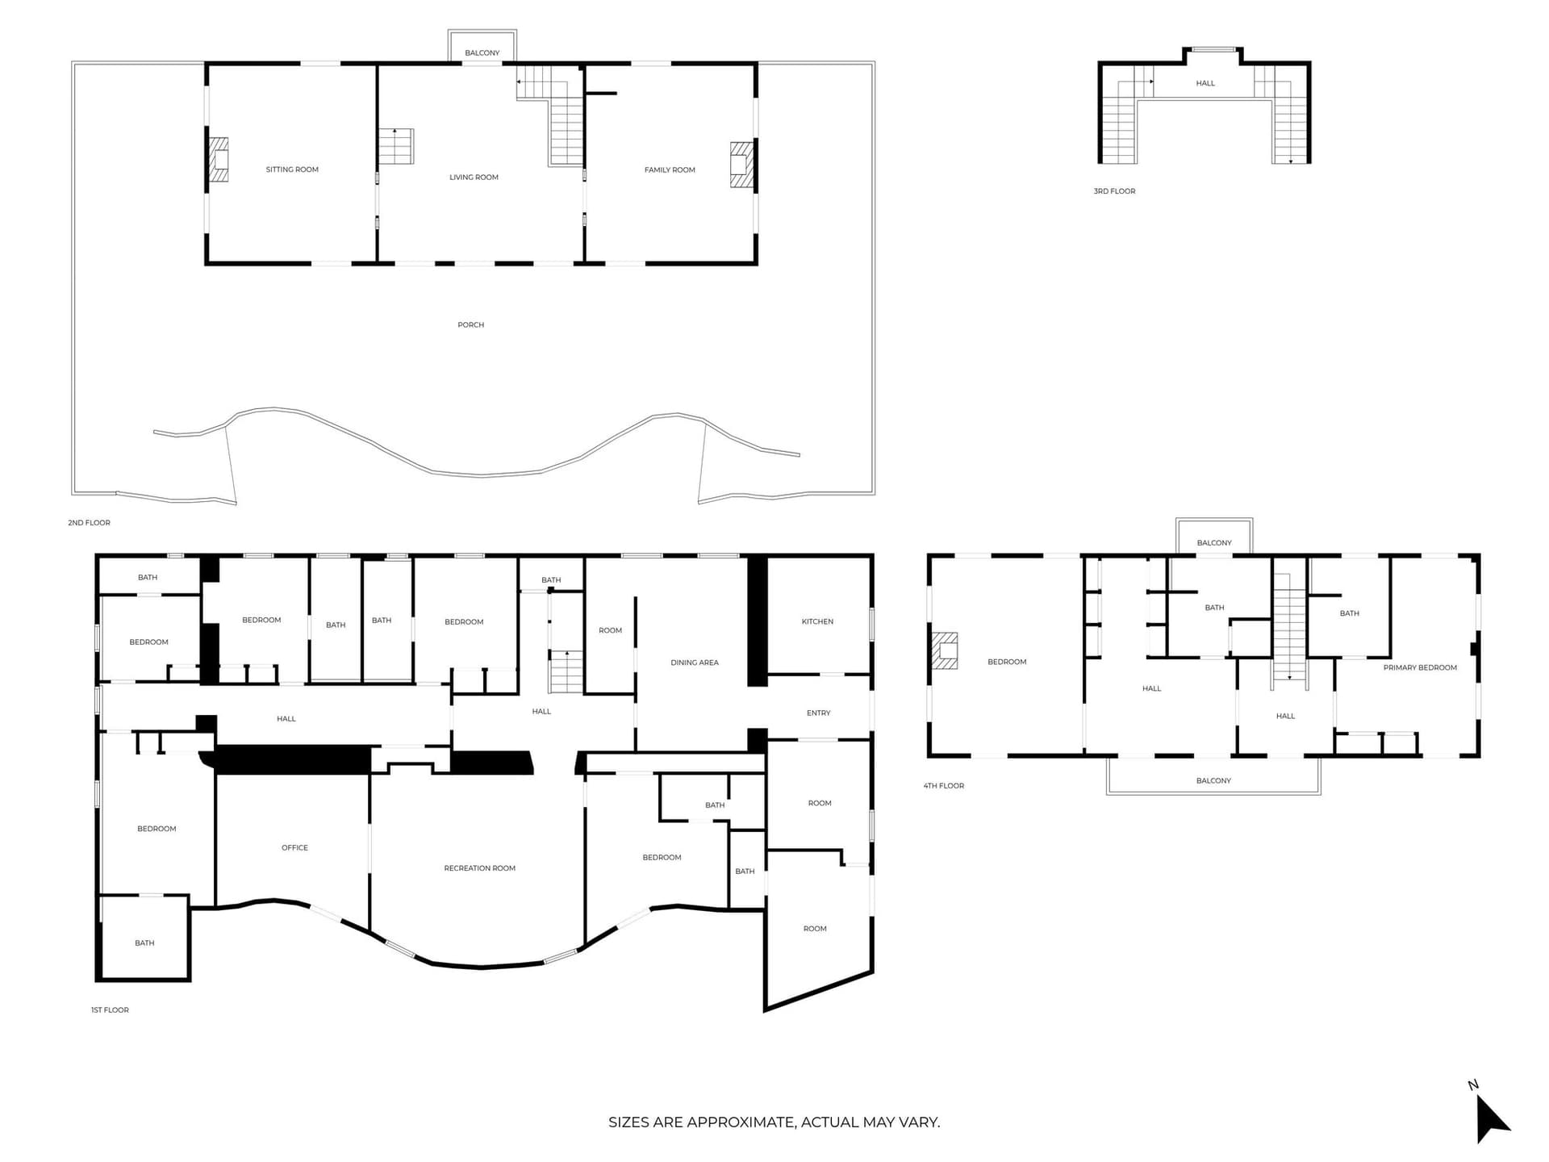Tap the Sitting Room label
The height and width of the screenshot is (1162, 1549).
tap(292, 169)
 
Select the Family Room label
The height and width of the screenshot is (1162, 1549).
tap(670, 169)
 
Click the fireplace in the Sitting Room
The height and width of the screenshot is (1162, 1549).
tap(218, 159)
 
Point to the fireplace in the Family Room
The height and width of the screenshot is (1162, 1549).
tap(741, 165)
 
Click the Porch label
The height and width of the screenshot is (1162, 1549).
tap(471, 324)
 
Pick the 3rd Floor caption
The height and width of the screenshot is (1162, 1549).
tap(1114, 191)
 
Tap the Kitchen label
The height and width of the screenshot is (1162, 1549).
tap(817, 621)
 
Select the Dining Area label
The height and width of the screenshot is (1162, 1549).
tap(695, 663)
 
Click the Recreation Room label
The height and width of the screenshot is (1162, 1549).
tap(479, 868)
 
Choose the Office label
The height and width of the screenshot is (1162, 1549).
tap(294, 847)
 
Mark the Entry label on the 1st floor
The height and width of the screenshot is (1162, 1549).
tap(818, 713)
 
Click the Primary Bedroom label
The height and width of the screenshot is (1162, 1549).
tap(1420, 667)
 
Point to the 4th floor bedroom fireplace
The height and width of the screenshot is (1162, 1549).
tap(945, 650)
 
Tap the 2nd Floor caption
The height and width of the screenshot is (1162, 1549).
tap(89, 523)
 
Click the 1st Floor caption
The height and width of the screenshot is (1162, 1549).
tap(110, 1009)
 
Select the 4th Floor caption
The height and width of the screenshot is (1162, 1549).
tap(944, 785)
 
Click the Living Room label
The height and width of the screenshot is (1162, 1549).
tap(474, 177)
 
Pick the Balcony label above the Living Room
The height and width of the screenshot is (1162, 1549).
tap(482, 53)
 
